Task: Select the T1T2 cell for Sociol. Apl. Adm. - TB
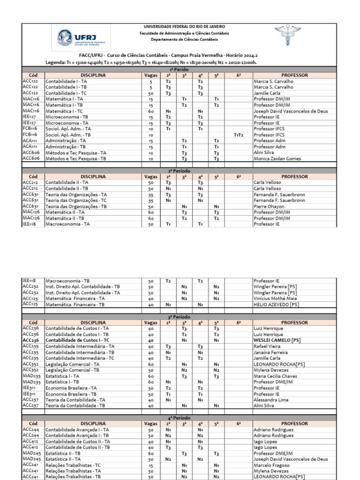pyautogui.click(x=239, y=135)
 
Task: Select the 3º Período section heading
pyautogui.click(x=179, y=317)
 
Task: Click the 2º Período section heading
pyautogui.click(x=179, y=171)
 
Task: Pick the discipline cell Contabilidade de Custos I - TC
pyautogui.click(x=77, y=340)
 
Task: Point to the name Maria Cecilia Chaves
pyautogui.click(x=275, y=376)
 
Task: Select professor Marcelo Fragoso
pyautogui.click(x=271, y=465)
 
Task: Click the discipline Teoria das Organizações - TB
pyautogui.click(x=76, y=206)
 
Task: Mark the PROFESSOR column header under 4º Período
pyautogui.click(x=294, y=424)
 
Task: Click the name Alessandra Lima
pyautogui.click(x=271, y=400)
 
